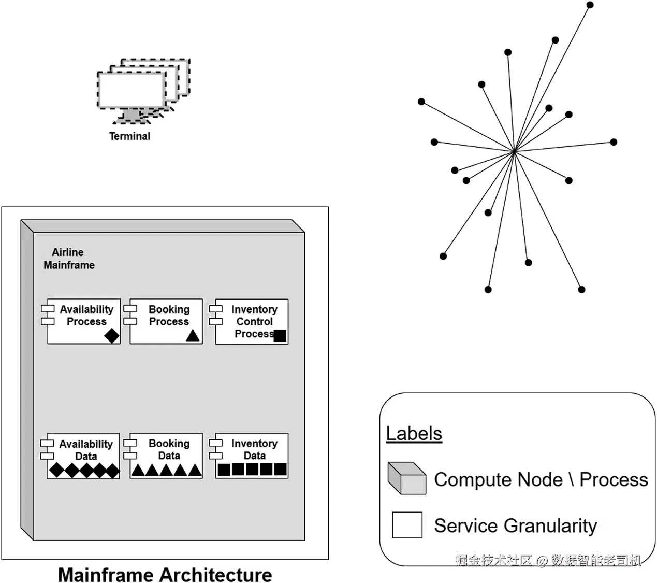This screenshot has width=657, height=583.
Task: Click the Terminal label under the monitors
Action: (129, 136)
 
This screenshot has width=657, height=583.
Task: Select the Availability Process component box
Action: (84, 321)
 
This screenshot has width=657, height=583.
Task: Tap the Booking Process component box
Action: (166, 321)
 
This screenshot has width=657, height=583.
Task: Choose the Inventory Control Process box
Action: (252, 321)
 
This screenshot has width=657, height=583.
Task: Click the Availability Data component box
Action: (83, 456)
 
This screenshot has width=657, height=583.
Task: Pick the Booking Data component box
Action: (166, 455)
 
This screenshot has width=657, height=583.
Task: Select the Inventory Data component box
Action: (252, 455)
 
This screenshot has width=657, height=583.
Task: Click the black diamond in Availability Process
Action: (111, 335)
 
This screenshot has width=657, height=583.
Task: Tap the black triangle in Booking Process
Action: (193, 335)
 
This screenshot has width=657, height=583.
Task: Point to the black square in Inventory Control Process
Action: (280, 335)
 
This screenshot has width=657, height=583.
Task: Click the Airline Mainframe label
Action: (69, 259)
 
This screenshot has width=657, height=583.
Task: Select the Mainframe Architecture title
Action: (165, 574)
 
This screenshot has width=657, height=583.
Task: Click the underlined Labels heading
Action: (414, 433)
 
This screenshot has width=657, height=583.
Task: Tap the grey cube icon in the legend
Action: (407, 478)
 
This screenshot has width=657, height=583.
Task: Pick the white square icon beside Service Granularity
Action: (407, 525)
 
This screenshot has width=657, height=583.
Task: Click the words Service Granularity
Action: (515, 525)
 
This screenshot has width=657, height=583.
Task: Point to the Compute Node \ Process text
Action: (541, 479)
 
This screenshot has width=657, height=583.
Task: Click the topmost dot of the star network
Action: (590, 5)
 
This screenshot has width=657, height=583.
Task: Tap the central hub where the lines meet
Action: (514, 151)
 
